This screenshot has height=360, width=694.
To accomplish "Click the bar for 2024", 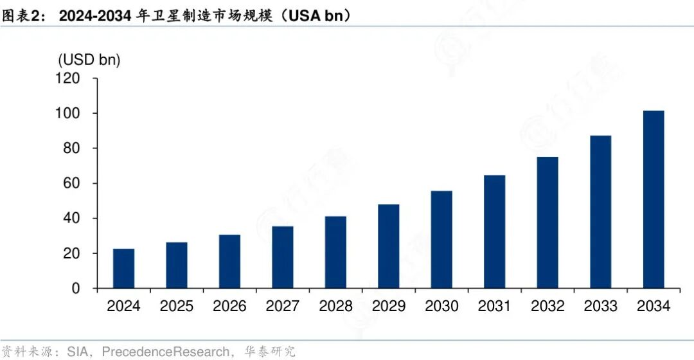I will pos(123,268).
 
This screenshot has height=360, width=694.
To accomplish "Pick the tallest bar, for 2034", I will pos(654,199).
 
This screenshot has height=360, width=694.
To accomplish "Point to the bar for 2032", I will pos(547,222).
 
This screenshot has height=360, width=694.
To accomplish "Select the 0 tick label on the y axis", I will pos(76,289).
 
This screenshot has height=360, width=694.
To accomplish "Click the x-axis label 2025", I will pos(177,306).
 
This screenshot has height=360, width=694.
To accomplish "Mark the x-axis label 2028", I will pos(335,306).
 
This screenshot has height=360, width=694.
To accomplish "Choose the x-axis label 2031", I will pos(495,306).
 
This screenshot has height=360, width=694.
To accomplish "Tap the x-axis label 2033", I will pos(601,306).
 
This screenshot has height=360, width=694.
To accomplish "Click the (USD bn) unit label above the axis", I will pos(90,60).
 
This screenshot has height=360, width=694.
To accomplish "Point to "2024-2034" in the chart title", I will pos(96,15).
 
